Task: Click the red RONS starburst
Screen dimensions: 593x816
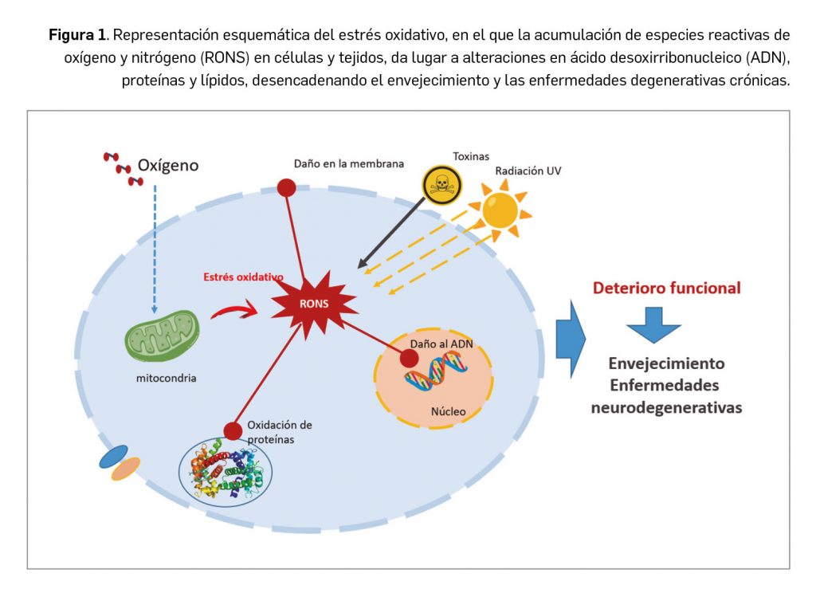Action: point(312,302)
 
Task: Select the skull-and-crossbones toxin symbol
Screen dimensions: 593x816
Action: point(439,185)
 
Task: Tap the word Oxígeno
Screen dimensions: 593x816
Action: point(168,166)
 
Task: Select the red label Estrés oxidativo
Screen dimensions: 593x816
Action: point(242,277)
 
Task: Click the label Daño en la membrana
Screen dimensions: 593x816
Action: point(349,163)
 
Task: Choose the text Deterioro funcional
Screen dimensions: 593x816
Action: point(666,288)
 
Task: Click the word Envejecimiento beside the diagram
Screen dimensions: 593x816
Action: point(666,363)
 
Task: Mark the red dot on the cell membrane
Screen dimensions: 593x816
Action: point(286,187)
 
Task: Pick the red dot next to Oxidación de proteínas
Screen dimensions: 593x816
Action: point(233,430)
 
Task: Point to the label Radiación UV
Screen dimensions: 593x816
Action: point(528,171)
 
